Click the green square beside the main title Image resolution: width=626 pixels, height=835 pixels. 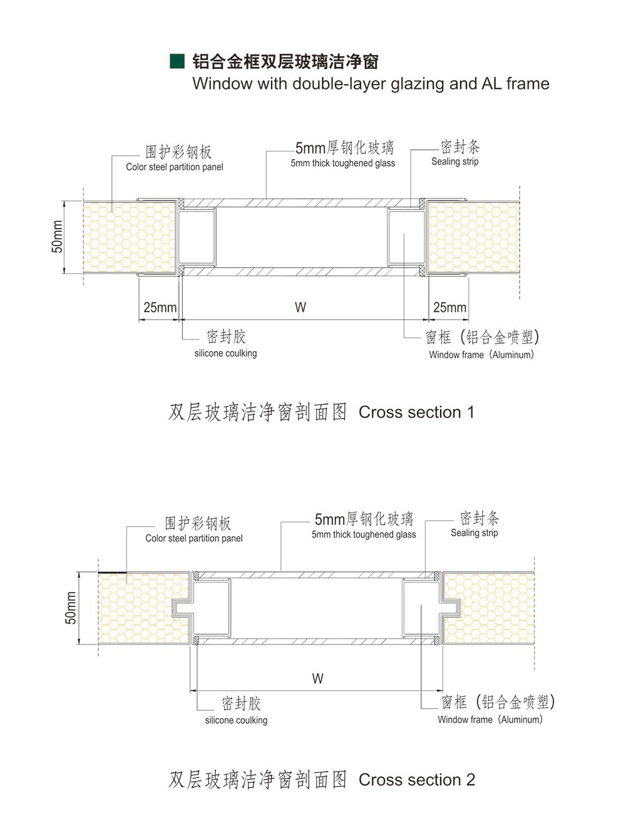(177, 61)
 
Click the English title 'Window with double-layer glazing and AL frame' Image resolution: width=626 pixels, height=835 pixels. (371, 84)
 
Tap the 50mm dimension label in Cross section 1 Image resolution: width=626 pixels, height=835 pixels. (57, 236)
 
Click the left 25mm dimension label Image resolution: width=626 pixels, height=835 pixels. (160, 307)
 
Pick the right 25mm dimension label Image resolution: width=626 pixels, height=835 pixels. (449, 307)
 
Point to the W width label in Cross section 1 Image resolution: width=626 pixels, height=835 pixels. (300, 307)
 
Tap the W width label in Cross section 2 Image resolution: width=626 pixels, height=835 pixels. (318, 678)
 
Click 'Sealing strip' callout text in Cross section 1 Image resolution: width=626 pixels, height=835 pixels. (454, 162)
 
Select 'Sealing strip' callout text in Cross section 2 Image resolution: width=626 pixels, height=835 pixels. (474, 533)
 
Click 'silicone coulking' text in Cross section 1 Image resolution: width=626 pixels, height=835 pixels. (225, 353)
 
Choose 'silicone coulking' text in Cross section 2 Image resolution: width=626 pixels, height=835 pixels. (236, 720)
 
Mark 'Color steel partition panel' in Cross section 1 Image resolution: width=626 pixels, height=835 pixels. (175, 167)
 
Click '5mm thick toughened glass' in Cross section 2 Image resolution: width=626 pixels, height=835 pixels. (364, 534)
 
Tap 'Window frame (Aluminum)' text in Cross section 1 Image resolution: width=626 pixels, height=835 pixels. (481, 355)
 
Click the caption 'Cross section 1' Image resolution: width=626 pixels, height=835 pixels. (416, 412)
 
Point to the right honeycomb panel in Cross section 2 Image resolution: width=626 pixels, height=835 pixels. (488, 608)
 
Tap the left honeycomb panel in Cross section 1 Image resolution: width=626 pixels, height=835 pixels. (130, 237)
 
